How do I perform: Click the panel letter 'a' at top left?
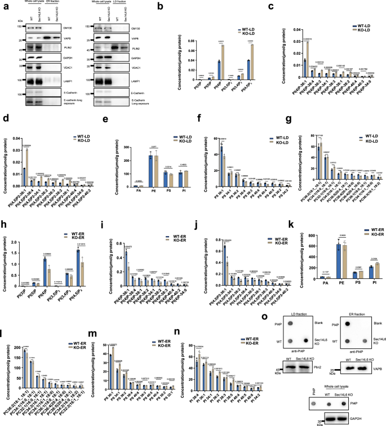pyautogui.click(x=4, y=5)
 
